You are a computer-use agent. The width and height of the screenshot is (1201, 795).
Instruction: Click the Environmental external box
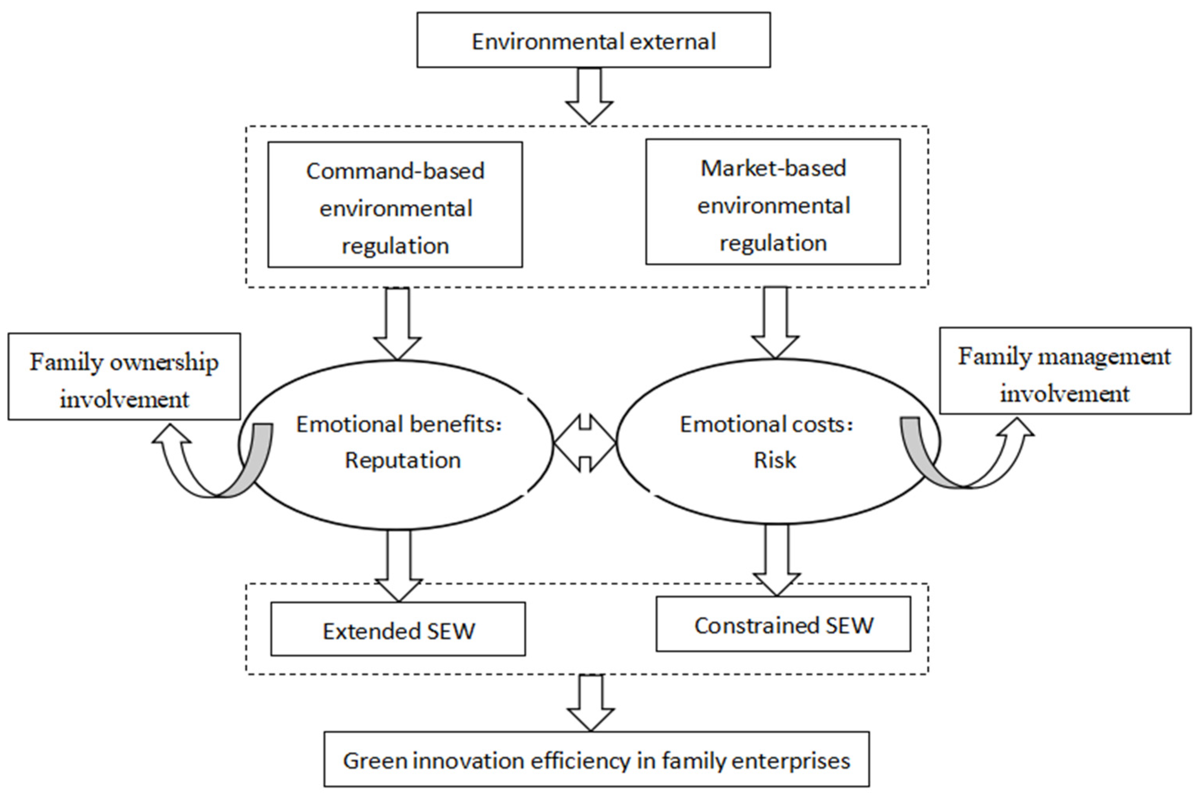(593, 40)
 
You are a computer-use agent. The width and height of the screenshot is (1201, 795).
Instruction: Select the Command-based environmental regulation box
(395, 205)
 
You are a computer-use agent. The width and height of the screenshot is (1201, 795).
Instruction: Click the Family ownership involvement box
(124, 377)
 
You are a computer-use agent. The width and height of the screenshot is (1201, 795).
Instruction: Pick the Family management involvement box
(1065, 371)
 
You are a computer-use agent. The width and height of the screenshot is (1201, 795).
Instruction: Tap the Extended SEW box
(398, 629)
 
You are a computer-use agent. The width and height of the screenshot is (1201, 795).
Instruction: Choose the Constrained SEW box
(783, 624)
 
